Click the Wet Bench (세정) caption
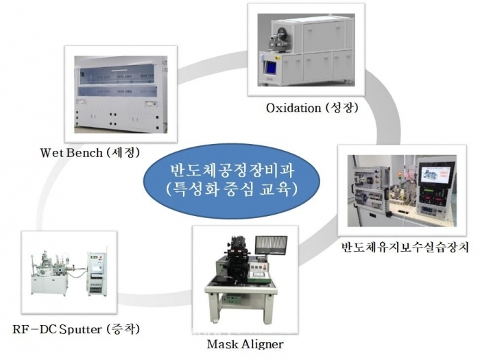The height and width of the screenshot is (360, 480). (x=90, y=152)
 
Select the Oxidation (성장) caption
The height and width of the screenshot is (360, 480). (x=312, y=108)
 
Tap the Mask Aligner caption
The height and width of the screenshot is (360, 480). (x=245, y=344)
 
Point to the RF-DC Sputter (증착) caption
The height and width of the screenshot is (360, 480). (x=76, y=329)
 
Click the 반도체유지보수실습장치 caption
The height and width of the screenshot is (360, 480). (x=405, y=247)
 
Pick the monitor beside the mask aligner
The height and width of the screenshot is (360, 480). (x=272, y=245)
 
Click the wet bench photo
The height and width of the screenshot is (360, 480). (x=121, y=94)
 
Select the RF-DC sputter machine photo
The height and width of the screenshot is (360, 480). (x=69, y=272)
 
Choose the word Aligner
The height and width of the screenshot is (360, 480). (x=263, y=344)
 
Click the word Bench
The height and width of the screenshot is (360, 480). (x=84, y=152)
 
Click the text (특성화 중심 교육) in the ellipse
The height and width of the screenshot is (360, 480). (x=232, y=190)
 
